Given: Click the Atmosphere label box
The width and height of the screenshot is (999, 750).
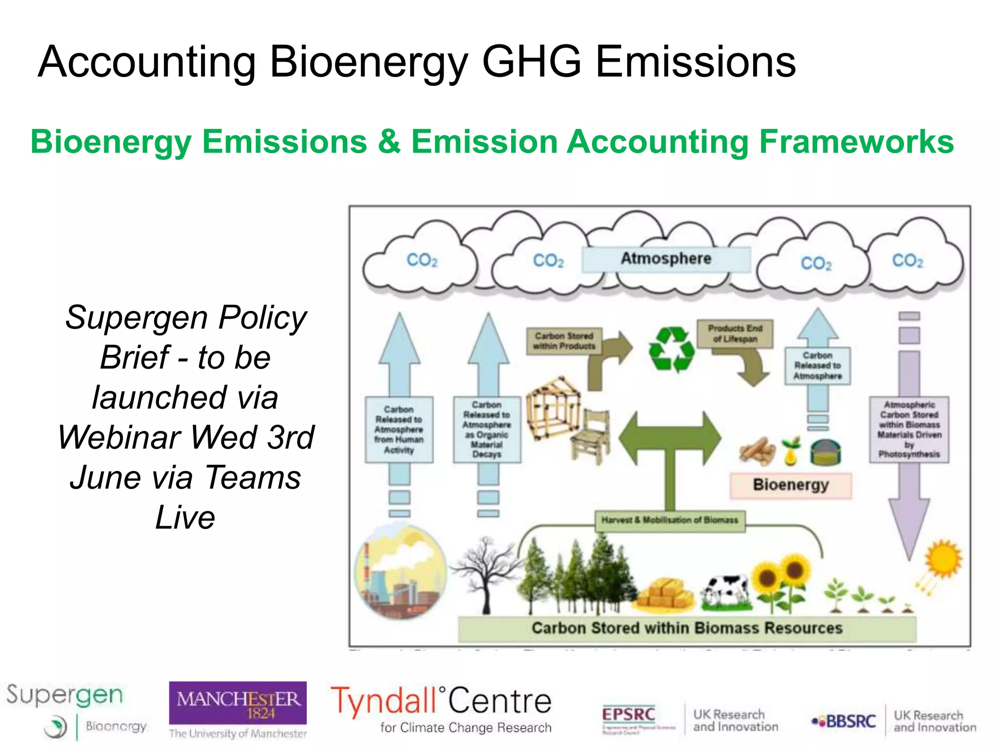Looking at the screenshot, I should click(665, 259).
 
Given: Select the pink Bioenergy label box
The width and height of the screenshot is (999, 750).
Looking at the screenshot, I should click(790, 485).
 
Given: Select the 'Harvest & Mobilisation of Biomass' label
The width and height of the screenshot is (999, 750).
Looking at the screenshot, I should click(669, 521).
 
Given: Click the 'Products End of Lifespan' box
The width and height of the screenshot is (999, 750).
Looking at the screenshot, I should click(735, 334).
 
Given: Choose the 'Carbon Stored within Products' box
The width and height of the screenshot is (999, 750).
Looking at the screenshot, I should click(564, 341).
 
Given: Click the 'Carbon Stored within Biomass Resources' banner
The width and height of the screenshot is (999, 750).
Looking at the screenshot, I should click(687, 628).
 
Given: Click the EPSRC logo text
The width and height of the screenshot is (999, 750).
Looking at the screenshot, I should click(628, 714).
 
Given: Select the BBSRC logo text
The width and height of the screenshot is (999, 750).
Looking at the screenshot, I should click(851, 721).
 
